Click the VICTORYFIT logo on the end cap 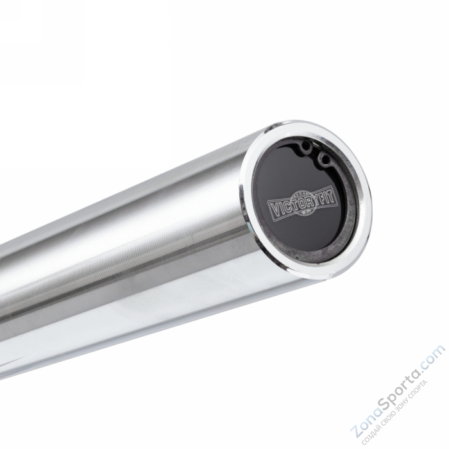[x=301, y=204]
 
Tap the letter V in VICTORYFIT [x=273, y=208]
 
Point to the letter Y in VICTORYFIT [x=315, y=198]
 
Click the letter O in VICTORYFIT [x=300, y=204]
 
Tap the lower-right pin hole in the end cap [x=324, y=158]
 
